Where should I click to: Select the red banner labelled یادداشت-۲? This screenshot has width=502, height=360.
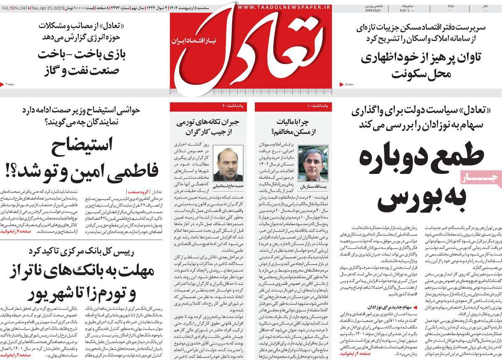208,107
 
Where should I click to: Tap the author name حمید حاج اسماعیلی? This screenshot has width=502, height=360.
228,183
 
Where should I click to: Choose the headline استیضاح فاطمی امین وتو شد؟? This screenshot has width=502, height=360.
84,159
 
